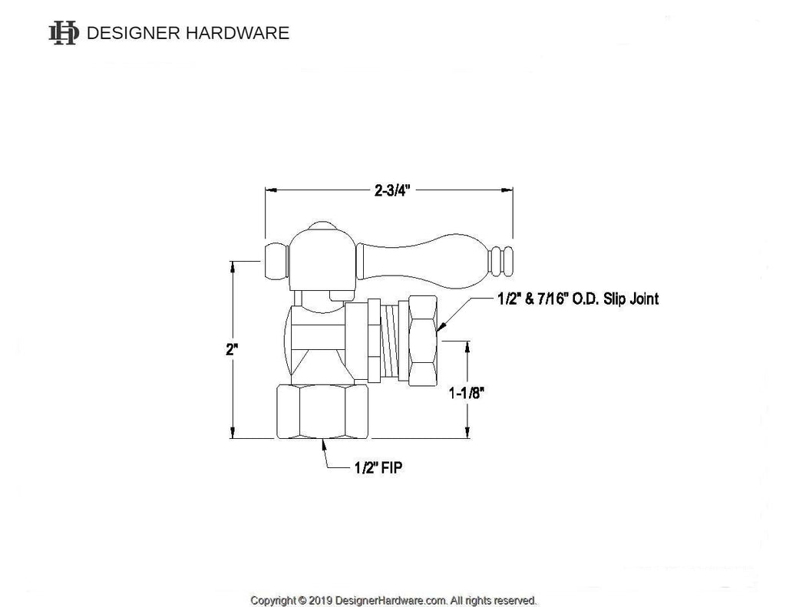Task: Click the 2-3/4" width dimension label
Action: click(x=393, y=191)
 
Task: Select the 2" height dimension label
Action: click(x=232, y=349)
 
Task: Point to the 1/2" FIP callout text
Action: click(x=376, y=468)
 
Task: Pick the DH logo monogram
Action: click(x=64, y=32)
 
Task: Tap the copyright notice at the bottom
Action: click(x=393, y=599)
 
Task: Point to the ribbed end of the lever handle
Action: click(x=502, y=262)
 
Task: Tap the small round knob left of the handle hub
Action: click(x=276, y=262)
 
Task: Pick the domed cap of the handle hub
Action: click(x=321, y=228)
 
